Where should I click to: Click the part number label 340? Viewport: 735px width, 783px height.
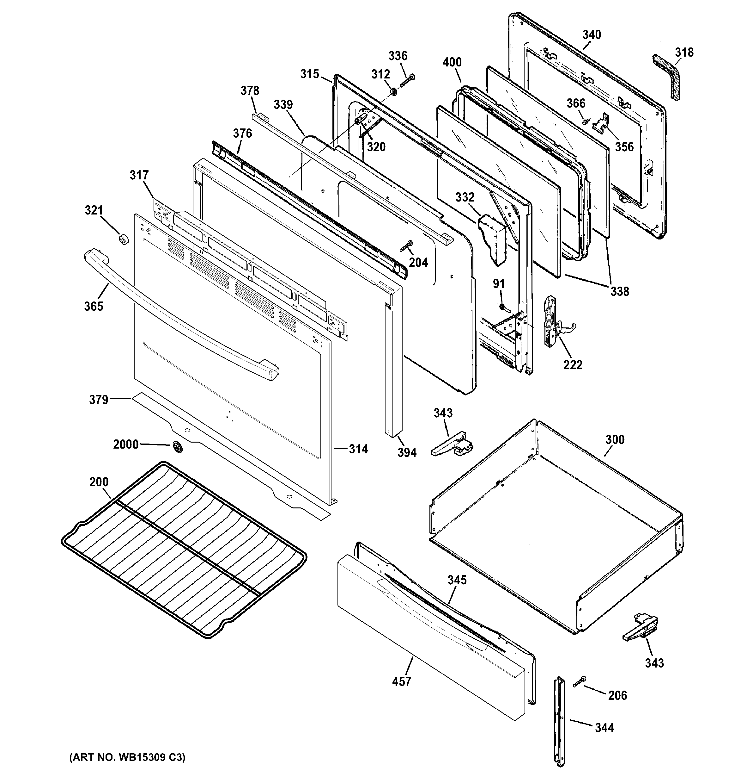coord(592,35)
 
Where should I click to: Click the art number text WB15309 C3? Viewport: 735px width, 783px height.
coord(127,757)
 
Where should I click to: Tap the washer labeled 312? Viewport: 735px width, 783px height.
coord(393,92)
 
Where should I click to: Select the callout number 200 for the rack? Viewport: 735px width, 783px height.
coord(99,482)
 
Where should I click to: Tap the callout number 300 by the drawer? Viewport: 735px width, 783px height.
coord(615,439)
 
